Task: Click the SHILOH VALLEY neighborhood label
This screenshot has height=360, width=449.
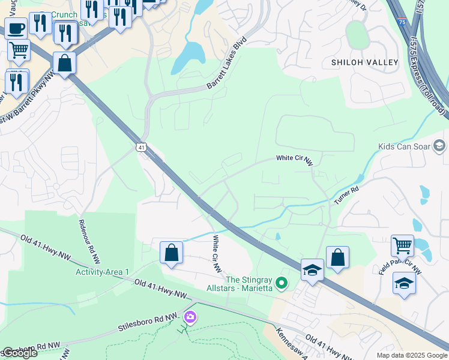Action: [x=364, y=62]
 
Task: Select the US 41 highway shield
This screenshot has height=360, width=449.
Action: [x=141, y=146]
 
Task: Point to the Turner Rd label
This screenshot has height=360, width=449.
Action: [x=346, y=193]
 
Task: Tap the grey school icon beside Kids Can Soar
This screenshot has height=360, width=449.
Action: [x=439, y=146]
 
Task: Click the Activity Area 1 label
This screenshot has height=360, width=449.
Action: [x=102, y=272]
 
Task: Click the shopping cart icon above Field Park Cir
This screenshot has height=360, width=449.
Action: [x=402, y=245]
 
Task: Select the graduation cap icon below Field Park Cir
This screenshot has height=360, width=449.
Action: [x=405, y=283]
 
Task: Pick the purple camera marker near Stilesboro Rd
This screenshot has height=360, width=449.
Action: [x=190, y=316]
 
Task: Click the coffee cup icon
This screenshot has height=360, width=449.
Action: [x=16, y=28]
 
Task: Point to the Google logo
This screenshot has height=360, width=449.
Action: [x=19, y=353]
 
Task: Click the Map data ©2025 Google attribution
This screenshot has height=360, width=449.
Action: [x=411, y=355]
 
